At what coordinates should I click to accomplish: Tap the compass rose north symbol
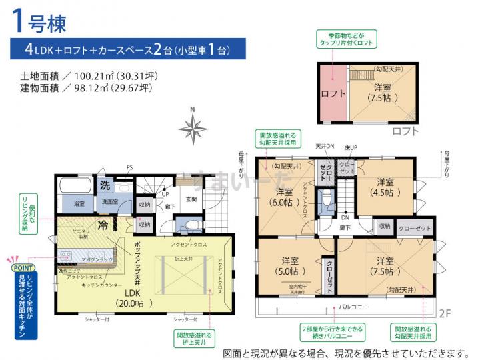coord(193,126)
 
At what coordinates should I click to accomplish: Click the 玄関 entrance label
coord(191,198)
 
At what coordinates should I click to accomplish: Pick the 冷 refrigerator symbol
coord(104,225)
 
